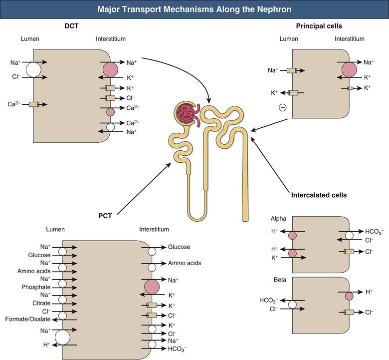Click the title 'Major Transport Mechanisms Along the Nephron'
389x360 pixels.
tap(194, 9)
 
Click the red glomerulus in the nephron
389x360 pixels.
tap(186, 113)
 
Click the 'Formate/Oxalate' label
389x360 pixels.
tap(30, 319)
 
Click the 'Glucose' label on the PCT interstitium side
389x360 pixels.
tap(179, 247)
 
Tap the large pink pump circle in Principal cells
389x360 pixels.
tap(349, 69)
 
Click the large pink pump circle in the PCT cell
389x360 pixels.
tap(152, 287)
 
